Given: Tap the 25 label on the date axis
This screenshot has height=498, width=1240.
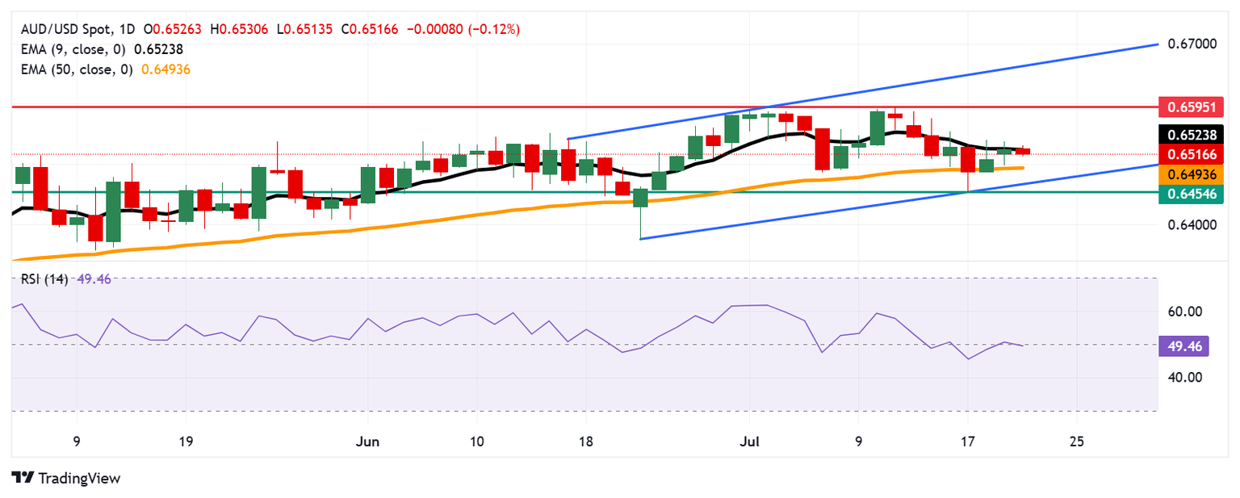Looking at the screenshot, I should pyautogui.click(x=1076, y=442).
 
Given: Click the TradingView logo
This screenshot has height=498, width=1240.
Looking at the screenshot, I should pyautogui.click(x=66, y=478).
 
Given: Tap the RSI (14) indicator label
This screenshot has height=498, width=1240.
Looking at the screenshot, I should pyautogui.click(x=41, y=279).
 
